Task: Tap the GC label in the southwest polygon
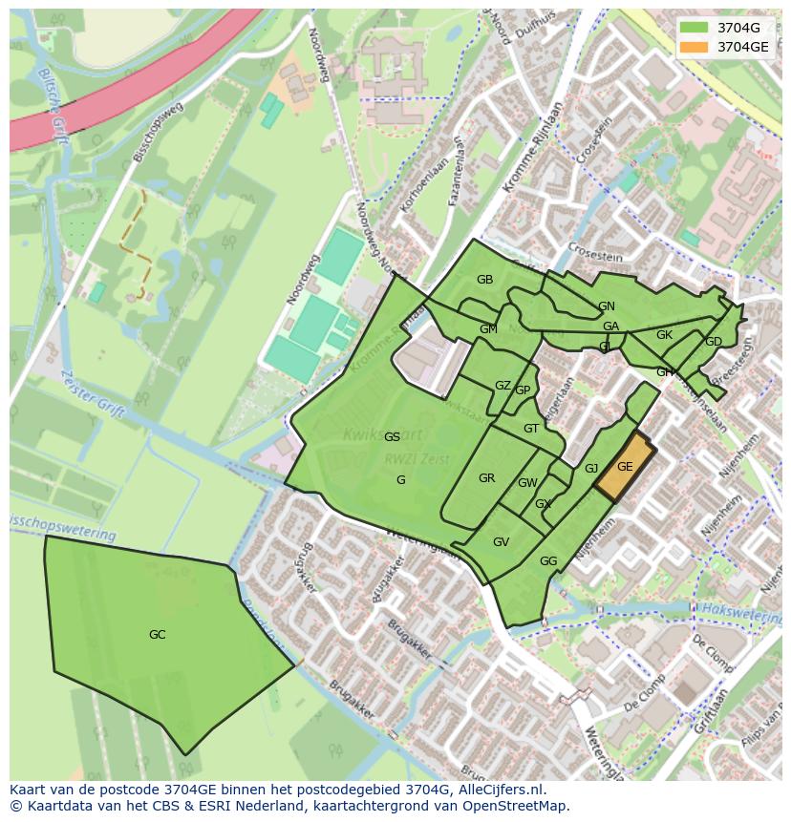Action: pos(158,635)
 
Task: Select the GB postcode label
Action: pos(484,280)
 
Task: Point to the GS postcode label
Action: pos(392,437)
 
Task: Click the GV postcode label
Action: pos(501,542)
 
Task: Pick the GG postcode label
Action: pos(548,561)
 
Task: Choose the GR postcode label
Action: pos(486,478)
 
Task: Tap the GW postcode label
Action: pos(527,483)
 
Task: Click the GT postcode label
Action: pos(531,429)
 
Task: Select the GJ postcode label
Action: pos(591,469)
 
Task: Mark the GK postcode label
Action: pos(664,335)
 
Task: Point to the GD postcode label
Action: pos(713,342)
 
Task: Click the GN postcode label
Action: pos(606,306)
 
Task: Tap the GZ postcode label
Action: pos(502,386)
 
